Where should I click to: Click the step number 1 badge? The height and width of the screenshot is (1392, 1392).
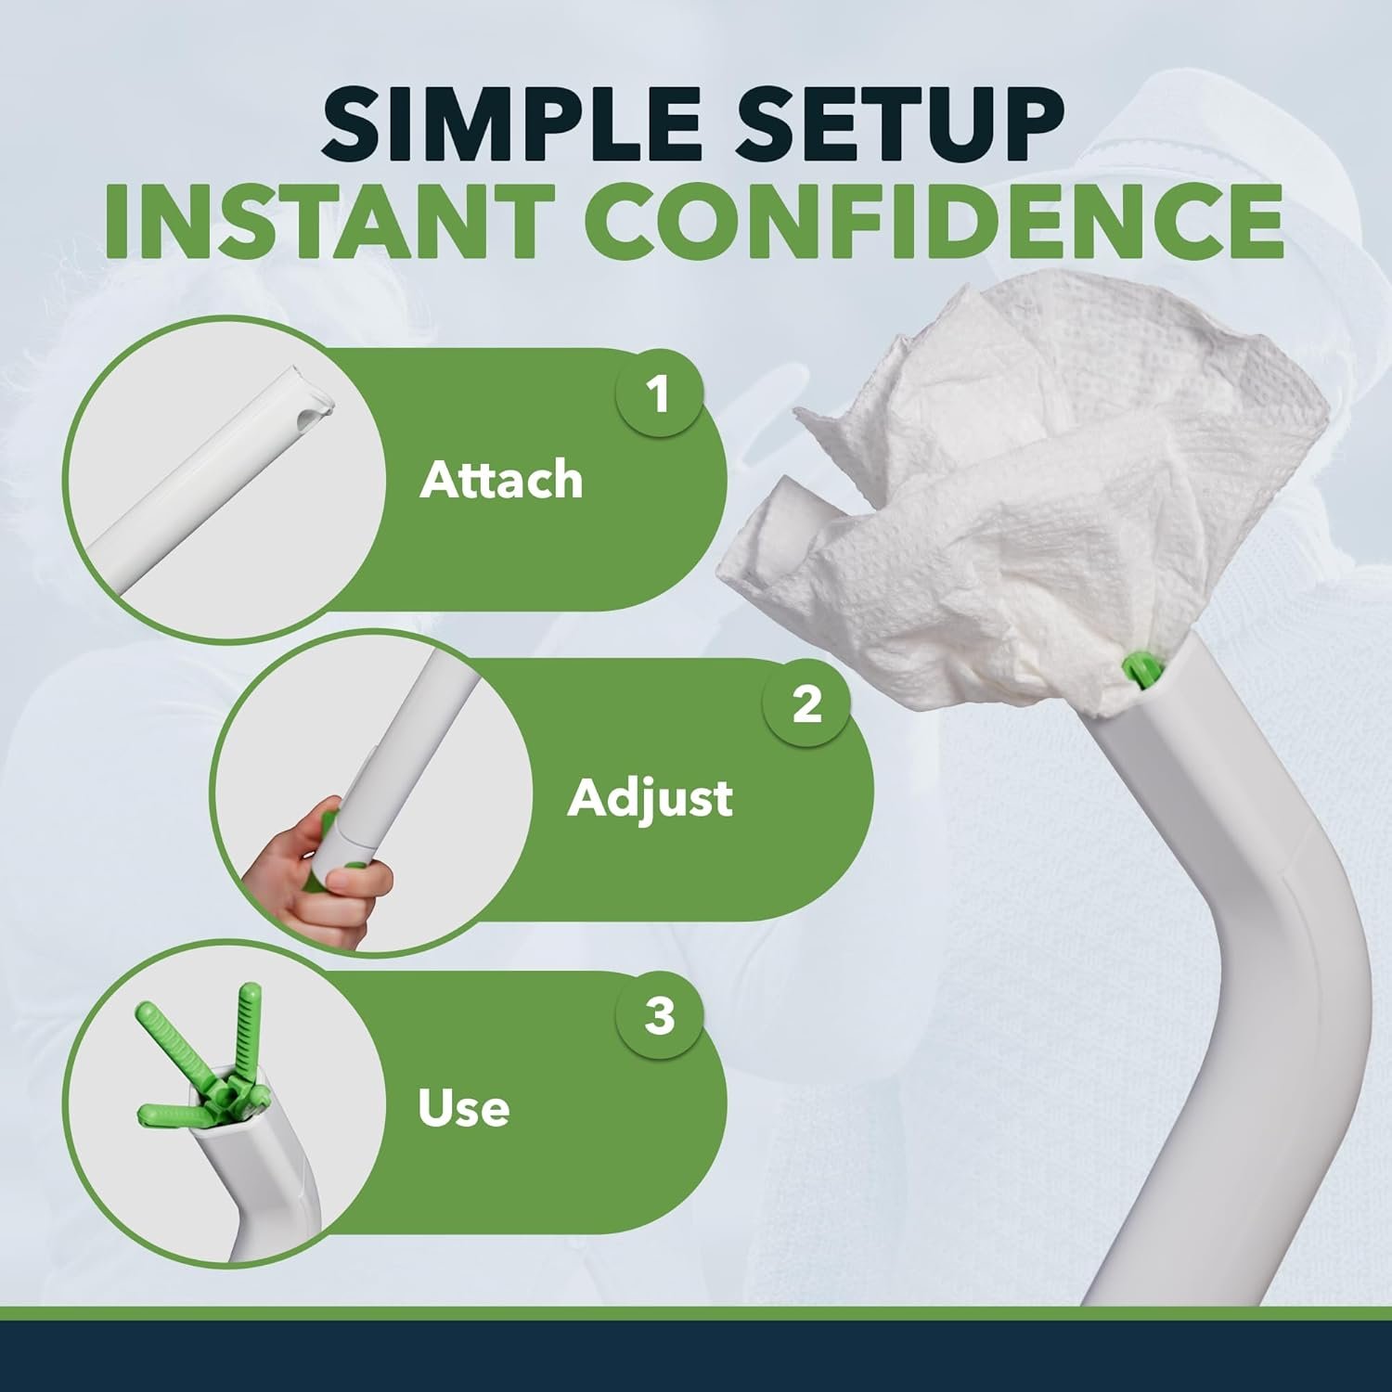[659, 393]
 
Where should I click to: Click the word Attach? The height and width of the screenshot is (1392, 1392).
[501, 480]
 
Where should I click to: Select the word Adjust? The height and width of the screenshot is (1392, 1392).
[650, 798]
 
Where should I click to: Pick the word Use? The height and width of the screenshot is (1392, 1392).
[463, 1107]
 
